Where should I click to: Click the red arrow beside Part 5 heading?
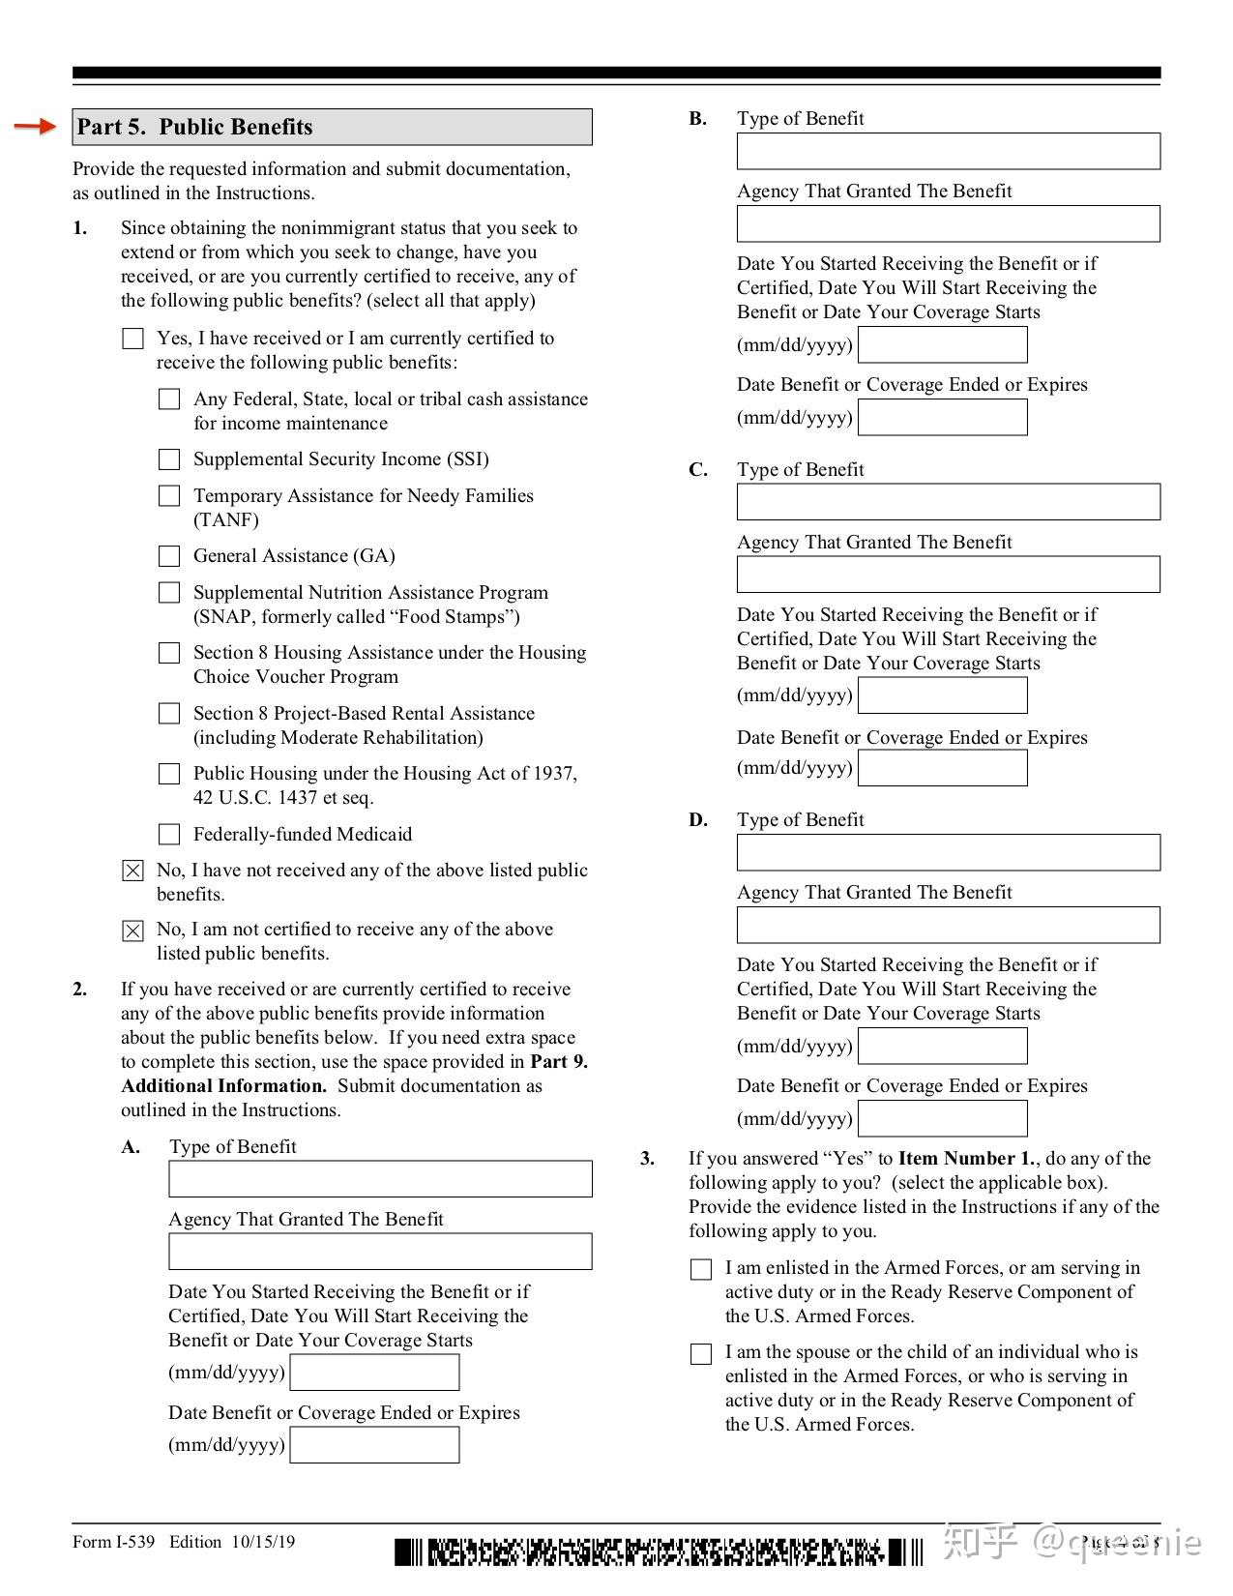tap(35, 126)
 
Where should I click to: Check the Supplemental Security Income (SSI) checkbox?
tap(169, 459)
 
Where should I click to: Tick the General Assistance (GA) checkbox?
tap(169, 556)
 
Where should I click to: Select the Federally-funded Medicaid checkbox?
tap(169, 834)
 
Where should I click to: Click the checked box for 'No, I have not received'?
tap(133, 871)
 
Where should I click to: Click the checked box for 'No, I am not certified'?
tap(133, 931)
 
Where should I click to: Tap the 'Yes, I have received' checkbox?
tap(133, 339)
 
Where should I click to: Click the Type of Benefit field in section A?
tap(380, 1179)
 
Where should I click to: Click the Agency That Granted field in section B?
tap(948, 223)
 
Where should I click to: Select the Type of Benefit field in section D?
tap(948, 852)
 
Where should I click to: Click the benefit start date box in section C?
tap(943, 695)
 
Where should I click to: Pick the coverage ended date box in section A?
tap(374, 1445)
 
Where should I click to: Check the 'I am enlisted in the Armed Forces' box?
tap(701, 1269)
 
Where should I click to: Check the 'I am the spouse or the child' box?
tap(701, 1354)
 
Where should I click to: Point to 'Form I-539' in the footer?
tap(113, 1542)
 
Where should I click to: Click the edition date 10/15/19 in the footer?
tap(263, 1542)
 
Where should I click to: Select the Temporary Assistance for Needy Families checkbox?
tap(169, 496)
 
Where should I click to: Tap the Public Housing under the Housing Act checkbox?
tap(169, 774)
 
